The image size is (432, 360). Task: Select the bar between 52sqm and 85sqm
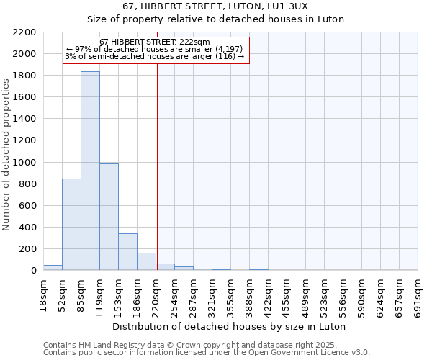[71, 224]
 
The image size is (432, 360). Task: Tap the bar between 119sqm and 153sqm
[109, 217]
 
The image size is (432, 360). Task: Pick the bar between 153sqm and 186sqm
[127, 252]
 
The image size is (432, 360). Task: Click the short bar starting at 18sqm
[53, 267]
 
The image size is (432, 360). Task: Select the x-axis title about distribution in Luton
[230, 326]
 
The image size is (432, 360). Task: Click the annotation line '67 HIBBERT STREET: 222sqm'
[155, 42]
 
